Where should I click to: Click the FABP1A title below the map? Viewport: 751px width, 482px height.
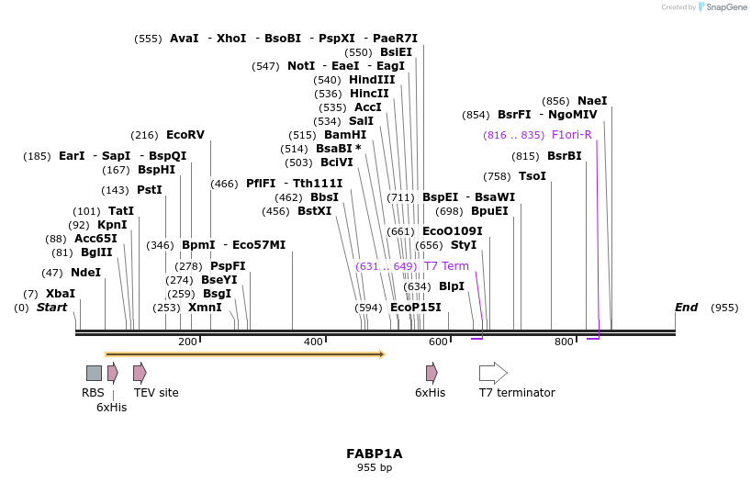(374, 454)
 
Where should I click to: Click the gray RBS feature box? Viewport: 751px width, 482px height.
(94, 373)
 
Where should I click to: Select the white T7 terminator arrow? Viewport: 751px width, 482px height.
(493, 373)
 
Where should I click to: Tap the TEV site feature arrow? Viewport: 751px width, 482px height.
(140, 373)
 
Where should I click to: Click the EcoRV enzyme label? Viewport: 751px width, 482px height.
(185, 135)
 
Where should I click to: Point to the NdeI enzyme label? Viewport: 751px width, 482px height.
(85, 273)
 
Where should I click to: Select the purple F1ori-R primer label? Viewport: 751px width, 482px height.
(571, 135)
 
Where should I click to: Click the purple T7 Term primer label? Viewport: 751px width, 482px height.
(446, 266)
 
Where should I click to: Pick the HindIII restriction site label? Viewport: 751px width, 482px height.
(372, 80)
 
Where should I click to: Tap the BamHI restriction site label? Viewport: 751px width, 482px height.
(345, 135)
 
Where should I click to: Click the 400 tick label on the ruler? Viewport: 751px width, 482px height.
(313, 342)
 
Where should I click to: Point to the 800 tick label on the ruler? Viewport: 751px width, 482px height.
(564, 342)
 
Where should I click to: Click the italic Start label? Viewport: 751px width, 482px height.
(51, 308)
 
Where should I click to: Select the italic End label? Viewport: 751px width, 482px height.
(686, 308)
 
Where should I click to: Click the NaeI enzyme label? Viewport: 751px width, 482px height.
(592, 101)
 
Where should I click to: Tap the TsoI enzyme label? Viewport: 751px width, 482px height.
(532, 176)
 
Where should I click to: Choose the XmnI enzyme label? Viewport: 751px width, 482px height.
(205, 308)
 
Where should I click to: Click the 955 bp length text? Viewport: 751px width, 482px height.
(374, 468)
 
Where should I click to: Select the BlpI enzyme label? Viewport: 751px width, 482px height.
(452, 286)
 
